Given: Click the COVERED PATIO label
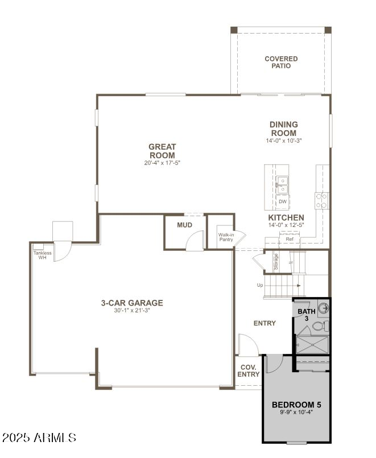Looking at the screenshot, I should point(281,63).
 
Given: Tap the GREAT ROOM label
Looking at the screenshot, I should point(162,151).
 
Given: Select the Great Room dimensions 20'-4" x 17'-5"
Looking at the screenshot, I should point(162,163).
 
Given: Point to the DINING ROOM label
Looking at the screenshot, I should point(283,129).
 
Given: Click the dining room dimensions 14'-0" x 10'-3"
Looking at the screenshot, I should point(283,141).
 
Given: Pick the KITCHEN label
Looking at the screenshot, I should point(286,217).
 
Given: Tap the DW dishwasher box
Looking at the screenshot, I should point(282,202).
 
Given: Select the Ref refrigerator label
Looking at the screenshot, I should point(290,240).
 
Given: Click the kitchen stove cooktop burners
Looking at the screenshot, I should point(322,200).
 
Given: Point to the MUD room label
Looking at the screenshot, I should point(184,225).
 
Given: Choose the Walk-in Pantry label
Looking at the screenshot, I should point(226,237).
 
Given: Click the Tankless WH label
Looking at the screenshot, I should point(42,255).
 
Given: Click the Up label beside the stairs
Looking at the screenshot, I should point(261,285).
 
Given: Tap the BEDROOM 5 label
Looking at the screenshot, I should point(296,405).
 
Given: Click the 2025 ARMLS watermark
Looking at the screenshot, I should point(39,438).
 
